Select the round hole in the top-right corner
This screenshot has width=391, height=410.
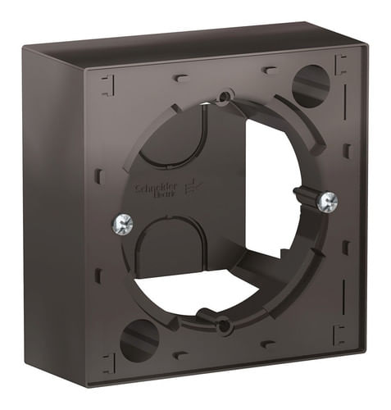(x=311, y=86)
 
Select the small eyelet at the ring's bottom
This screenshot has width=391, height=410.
(x=223, y=327)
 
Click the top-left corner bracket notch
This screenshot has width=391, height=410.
(x=106, y=83)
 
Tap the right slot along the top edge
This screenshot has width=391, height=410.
(x=269, y=71)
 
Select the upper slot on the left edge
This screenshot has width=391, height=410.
(x=99, y=175)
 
